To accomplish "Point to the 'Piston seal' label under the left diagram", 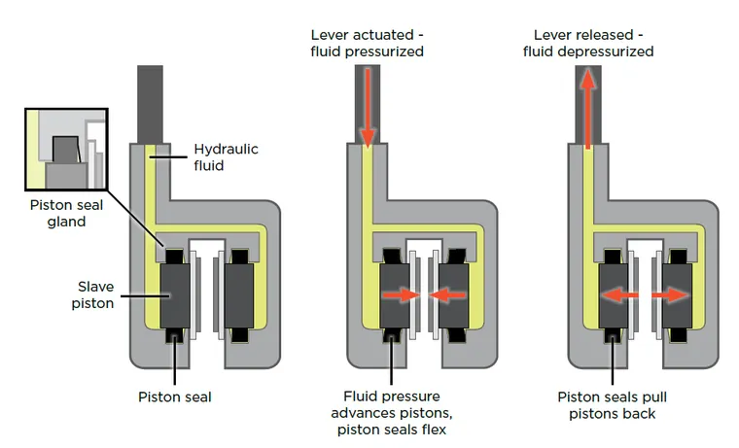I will (176, 396).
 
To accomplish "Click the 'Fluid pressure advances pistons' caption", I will (391, 412).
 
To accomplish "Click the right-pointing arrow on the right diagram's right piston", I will (671, 293).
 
